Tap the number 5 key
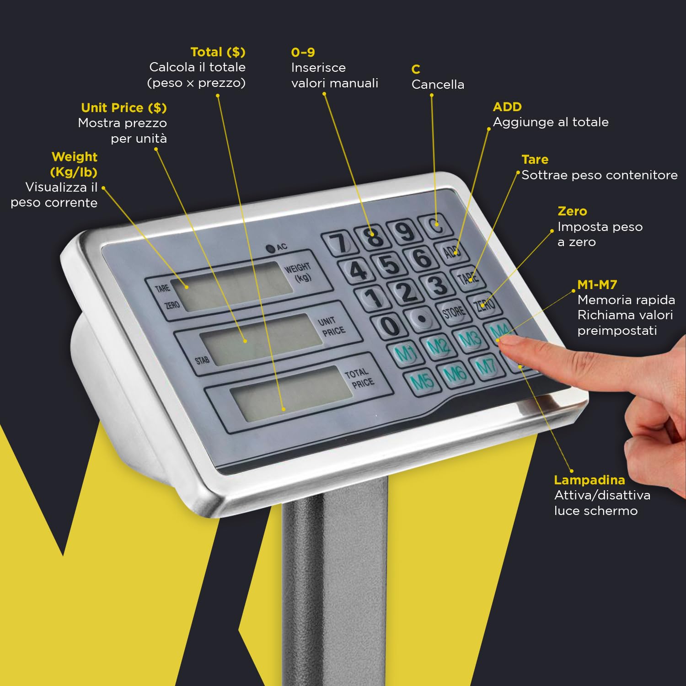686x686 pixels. pos(390,264)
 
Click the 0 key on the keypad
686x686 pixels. pos(390,326)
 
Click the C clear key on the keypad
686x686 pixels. pos(437,225)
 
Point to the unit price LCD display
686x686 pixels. pos(261,339)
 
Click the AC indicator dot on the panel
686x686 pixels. pos(270,248)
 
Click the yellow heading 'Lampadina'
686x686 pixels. pos(589,480)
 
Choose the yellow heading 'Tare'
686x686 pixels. pos(535,160)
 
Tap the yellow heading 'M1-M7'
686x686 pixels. pos(597,284)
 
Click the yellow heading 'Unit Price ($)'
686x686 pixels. pos(123,108)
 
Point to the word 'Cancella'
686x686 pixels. pos(438,85)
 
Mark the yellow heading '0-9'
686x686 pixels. pos(303,52)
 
